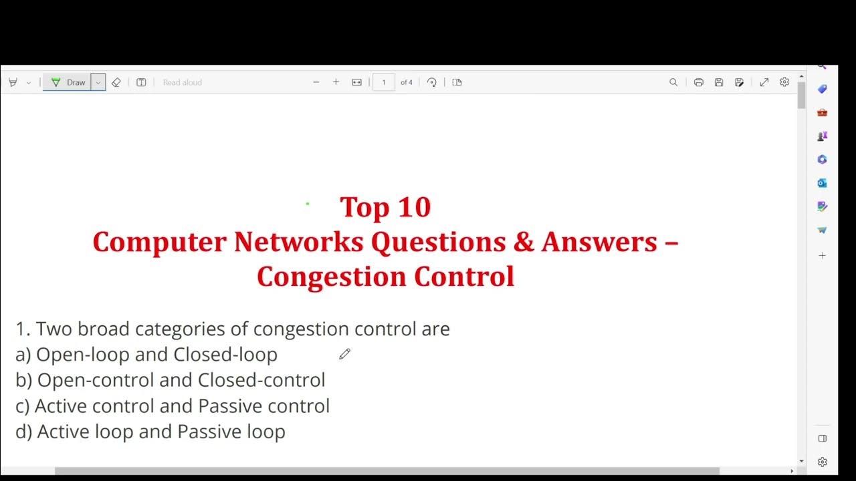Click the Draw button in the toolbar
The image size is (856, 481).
click(69, 82)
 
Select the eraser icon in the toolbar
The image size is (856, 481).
click(116, 82)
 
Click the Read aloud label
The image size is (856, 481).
click(182, 82)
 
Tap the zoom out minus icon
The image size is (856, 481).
click(316, 82)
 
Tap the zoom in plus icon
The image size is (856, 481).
click(336, 82)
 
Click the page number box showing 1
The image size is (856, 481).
click(383, 82)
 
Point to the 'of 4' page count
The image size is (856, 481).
click(407, 82)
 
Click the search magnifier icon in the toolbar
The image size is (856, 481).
click(673, 82)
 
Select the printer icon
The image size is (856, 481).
click(699, 82)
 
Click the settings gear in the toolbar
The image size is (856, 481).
click(784, 82)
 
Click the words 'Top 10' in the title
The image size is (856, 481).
click(385, 207)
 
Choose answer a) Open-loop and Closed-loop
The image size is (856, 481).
click(146, 354)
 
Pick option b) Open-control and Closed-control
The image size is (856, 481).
click(171, 380)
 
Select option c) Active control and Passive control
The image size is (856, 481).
click(173, 406)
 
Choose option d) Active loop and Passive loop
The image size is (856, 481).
click(150, 432)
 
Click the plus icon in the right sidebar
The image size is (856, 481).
click(823, 256)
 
